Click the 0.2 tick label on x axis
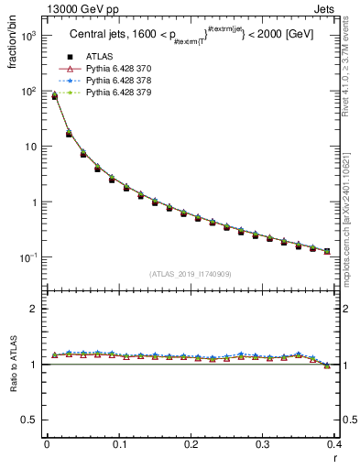click(191, 445)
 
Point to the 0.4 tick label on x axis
click(334, 445)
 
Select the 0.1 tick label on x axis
click(119, 445)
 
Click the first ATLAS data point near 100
click(54, 96)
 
